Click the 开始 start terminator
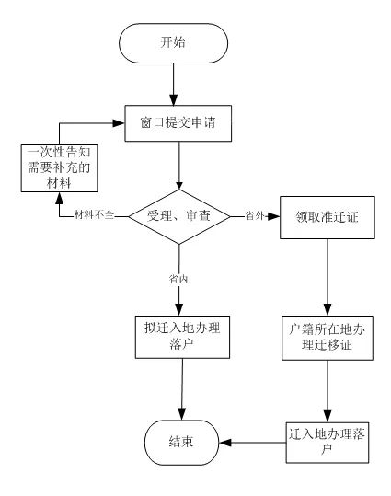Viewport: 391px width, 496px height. [x=173, y=43]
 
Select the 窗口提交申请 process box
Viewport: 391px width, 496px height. [x=178, y=123]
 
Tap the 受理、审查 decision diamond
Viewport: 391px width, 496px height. [x=179, y=216]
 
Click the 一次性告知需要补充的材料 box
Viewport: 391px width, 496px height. [x=59, y=168]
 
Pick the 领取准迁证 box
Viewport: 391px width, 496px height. [x=328, y=217]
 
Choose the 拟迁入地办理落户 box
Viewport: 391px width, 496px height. [x=182, y=337]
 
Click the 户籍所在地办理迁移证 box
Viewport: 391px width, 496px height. [x=328, y=338]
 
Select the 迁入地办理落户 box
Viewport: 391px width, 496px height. [x=328, y=443]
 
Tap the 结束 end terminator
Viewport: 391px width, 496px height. [x=181, y=443]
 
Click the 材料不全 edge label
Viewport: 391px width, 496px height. [x=94, y=215]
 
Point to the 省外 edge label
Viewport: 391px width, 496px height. [x=255, y=215]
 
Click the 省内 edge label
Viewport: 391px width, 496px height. [x=178, y=279]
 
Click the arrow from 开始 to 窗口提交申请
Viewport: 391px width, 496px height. [x=173, y=84]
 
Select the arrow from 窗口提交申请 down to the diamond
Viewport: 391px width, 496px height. [x=179, y=165]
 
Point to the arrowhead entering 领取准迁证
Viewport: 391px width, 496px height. [x=274, y=216]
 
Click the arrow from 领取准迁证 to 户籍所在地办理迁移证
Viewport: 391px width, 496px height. [x=328, y=277]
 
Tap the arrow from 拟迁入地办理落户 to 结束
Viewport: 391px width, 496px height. [x=182, y=389]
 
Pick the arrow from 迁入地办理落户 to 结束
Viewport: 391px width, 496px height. [x=252, y=443]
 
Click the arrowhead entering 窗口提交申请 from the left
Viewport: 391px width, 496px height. [x=119, y=123]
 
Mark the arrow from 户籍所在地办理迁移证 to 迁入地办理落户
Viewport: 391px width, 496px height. [x=328, y=391]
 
